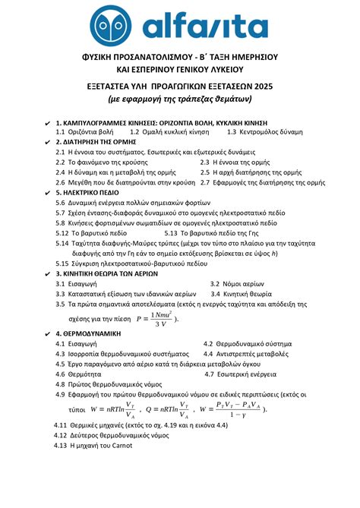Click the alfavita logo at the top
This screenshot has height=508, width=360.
(180, 27)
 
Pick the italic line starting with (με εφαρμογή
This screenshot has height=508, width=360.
(180, 100)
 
